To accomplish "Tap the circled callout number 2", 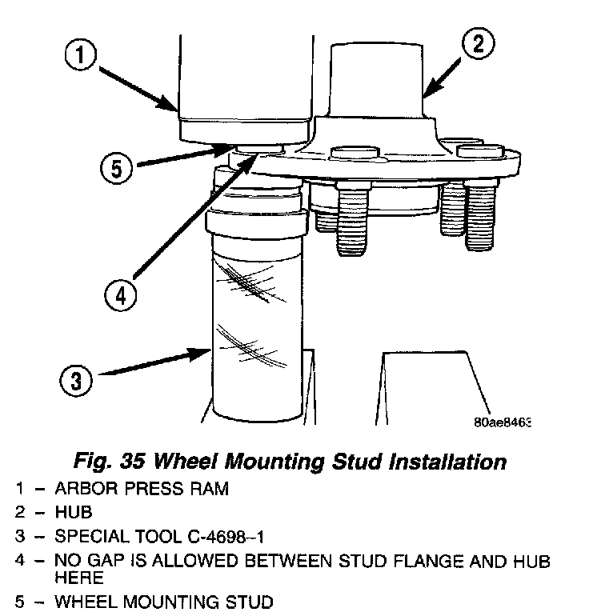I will (478, 44).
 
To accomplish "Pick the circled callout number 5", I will (116, 168).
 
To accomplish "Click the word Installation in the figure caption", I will (433, 462).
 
